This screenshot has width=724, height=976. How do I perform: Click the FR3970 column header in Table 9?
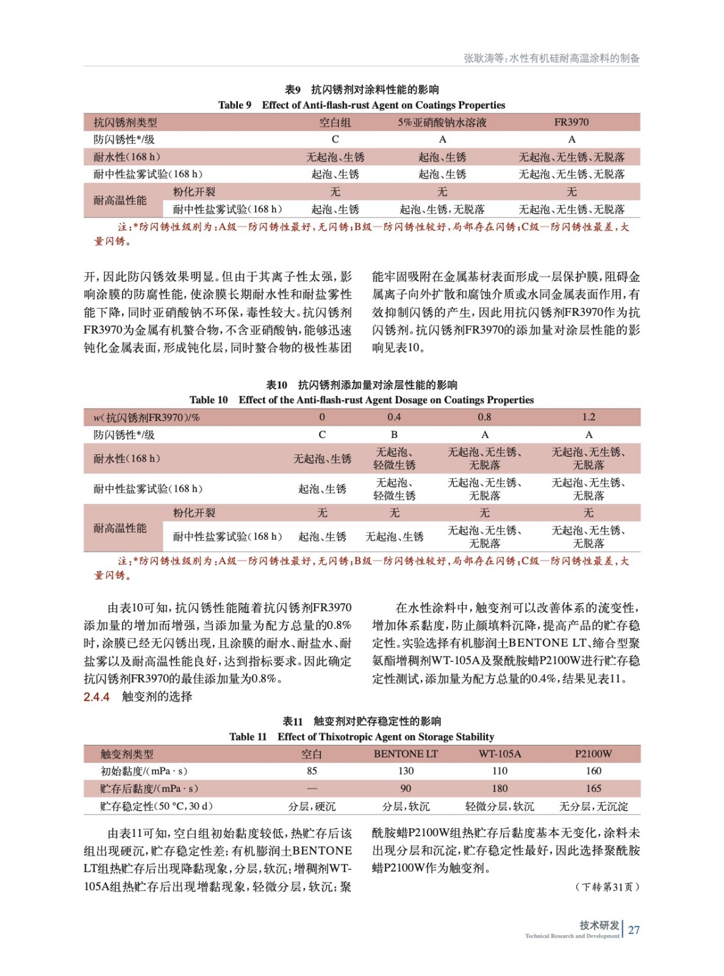point(571,122)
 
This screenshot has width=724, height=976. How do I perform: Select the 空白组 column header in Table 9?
point(335,123)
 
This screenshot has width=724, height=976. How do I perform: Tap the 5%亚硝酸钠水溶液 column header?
point(442,123)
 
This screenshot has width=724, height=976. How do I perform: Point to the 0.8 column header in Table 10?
point(484,417)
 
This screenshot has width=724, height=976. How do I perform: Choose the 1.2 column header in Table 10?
point(588,417)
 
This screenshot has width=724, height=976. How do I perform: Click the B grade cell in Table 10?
point(394,435)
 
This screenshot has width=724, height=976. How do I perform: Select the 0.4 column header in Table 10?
point(394,417)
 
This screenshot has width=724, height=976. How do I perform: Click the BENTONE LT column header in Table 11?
point(406,754)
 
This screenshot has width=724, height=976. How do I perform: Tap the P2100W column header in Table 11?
point(593,754)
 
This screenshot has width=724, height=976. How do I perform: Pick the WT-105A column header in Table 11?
point(500,754)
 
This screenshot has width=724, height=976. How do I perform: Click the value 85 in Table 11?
point(312,771)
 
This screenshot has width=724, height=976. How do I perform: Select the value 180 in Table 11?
point(500,789)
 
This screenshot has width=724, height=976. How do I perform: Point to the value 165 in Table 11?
point(593,789)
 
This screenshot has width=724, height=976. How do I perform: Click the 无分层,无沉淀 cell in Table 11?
point(593,806)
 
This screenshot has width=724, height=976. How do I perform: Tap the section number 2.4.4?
point(96,697)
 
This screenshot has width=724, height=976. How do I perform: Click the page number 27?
point(634,930)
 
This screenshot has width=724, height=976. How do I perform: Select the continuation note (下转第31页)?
point(607,887)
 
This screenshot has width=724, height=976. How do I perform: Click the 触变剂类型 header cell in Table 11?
point(127,754)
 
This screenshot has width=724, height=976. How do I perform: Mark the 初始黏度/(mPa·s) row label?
point(143,771)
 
